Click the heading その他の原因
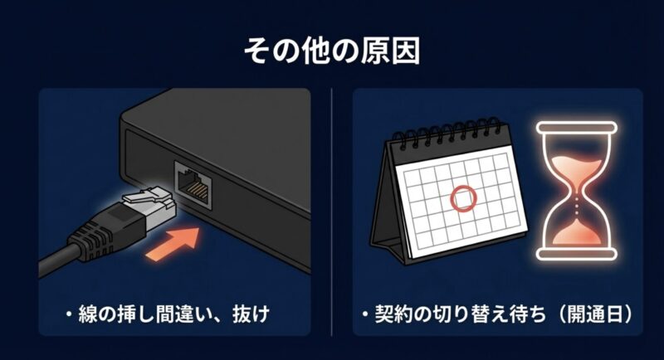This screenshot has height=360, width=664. click(x=331, y=51)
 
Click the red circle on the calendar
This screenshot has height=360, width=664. click(x=463, y=198)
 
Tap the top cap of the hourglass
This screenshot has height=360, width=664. click(x=575, y=127)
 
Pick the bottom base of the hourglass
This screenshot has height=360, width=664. click(x=575, y=252)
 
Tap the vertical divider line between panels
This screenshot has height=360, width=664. click(x=332, y=207)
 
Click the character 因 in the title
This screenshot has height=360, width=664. click(x=405, y=51)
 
